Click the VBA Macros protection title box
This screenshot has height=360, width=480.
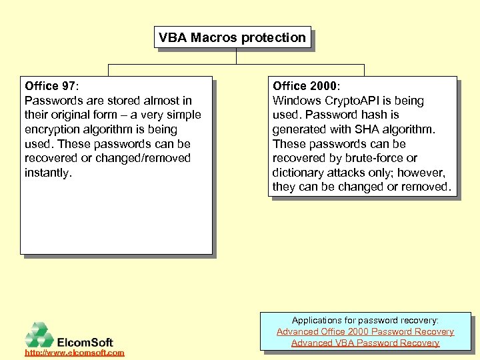click(x=233, y=38)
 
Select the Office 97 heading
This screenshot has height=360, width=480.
click(x=51, y=86)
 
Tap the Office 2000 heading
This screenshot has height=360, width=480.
click(x=305, y=86)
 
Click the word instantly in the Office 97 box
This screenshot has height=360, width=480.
click(x=47, y=173)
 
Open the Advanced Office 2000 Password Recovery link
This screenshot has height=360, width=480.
click(x=365, y=331)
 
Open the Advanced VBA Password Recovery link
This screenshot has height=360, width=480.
click(x=365, y=343)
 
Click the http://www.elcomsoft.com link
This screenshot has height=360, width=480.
click(x=74, y=352)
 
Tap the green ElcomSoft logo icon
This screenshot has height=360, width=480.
click(x=39, y=335)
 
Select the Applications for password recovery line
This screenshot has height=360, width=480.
click(x=365, y=321)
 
